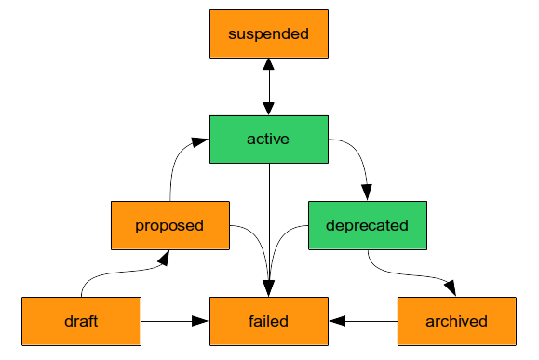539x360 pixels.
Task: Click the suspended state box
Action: point(268,34)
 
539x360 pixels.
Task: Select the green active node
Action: point(268,140)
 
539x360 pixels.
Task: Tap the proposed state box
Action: point(169,225)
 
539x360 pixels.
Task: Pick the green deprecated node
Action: point(367,225)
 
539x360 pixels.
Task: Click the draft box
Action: point(81,321)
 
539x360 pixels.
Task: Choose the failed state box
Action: point(268,321)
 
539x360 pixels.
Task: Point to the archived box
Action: point(456,321)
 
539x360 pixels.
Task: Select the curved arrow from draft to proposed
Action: point(121,270)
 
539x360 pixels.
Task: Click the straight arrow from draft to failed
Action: point(172,321)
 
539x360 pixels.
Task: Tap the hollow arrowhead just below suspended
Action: point(268,65)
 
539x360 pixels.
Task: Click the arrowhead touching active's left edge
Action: point(200,140)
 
